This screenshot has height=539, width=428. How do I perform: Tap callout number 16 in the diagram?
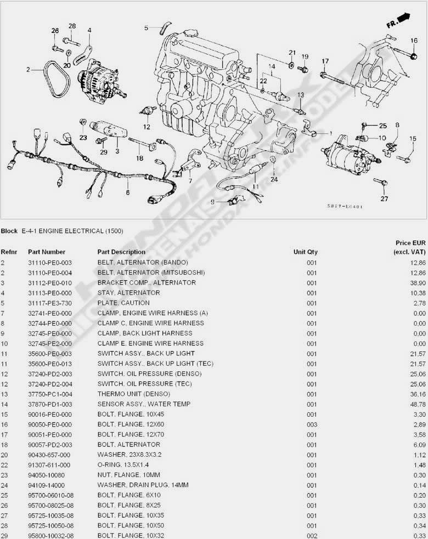point(414,41)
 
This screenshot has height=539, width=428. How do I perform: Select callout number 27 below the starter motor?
point(384,198)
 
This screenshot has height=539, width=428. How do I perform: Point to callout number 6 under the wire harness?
point(128,192)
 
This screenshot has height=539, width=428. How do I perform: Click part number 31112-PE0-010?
point(50,283)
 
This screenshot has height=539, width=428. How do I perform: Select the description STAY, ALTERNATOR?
point(128,293)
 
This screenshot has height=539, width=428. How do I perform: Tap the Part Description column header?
point(121,252)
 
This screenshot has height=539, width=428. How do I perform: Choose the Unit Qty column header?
point(305,252)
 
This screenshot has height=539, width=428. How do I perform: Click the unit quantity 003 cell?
point(312,424)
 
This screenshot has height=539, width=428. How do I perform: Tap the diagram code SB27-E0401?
point(345,206)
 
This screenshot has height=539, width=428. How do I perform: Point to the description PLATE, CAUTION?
point(123,303)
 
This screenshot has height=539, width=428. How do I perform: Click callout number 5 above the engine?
point(147,27)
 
